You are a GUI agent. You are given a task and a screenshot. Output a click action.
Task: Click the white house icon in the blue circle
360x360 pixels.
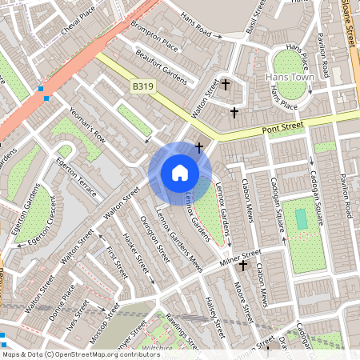[x=180, y=173]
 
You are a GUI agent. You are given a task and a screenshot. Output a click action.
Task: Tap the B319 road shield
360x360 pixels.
[x=142, y=86]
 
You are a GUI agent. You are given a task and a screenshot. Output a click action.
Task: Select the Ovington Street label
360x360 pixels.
[x=154, y=237]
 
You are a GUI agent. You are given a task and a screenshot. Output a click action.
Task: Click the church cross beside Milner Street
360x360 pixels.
[x=243, y=265]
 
